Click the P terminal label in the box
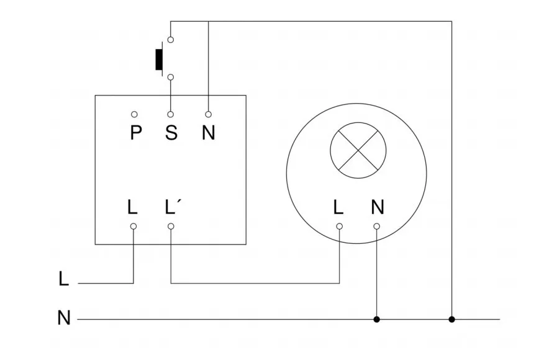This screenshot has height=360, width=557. (135, 133)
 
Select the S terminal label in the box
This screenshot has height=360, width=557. (171, 133)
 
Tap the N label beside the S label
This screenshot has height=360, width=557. (208, 133)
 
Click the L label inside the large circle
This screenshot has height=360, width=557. (338, 207)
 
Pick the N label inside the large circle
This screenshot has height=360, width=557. (377, 207)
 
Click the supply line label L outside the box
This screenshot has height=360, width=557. (63, 279)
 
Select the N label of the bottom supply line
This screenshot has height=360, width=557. (63, 318)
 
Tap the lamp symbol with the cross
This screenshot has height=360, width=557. (358, 151)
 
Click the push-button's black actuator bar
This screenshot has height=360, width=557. (158, 58)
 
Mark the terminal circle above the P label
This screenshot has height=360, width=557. (134, 115)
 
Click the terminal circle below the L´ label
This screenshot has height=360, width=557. (171, 227)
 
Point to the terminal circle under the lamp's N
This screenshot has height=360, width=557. (376, 227)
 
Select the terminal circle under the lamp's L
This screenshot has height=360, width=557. (339, 227)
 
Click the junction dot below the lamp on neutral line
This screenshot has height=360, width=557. (376, 320)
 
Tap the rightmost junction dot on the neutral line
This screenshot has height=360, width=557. (451, 320)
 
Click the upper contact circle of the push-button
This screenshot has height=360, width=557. (171, 40)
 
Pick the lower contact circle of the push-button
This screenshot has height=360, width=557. (171, 78)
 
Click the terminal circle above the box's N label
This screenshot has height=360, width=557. (208, 115)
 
